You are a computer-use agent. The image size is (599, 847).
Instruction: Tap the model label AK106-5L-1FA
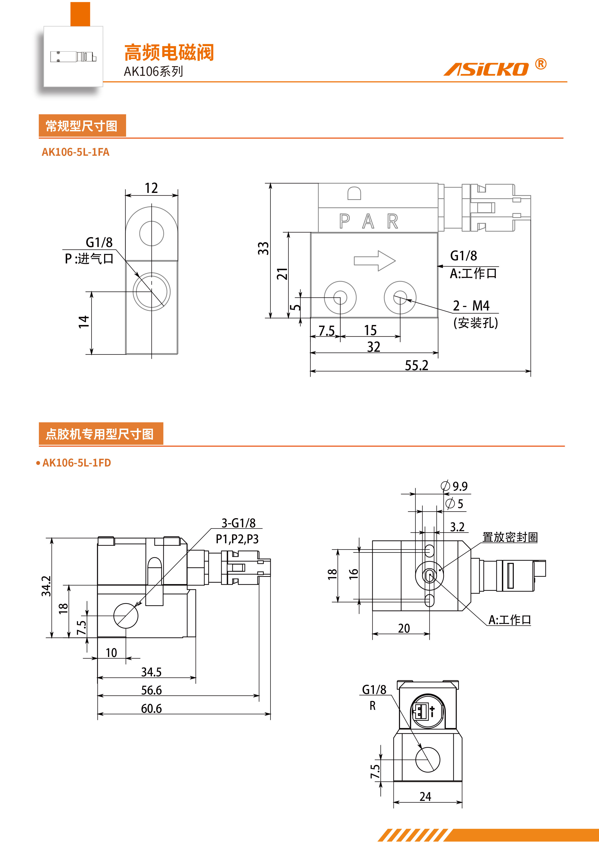click(x=75, y=152)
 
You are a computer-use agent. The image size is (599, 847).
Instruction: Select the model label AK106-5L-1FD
click(x=76, y=463)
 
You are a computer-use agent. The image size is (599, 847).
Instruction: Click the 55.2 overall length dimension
click(x=416, y=365)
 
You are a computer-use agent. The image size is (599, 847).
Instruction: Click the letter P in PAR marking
click(x=344, y=221)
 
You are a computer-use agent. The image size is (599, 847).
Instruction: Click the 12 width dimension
click(x=151, y=188)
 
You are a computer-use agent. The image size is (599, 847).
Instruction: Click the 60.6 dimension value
click(x=151, y=708)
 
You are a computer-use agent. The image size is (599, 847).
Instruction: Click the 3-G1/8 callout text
click(x=238, y=523)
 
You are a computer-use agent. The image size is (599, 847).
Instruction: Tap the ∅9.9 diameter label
click(x=455, y=486)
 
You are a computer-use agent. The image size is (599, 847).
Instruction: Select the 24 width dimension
click(x=425, y=797)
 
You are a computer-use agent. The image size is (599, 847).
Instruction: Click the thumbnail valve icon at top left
click(x=73, y=57)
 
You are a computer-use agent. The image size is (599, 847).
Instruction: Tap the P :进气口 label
click(x=89, y=259)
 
